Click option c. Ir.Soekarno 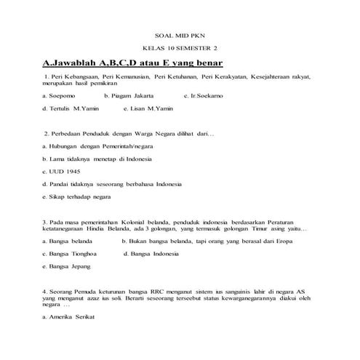tap(208, 96)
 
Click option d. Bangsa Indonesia tap(151, 254)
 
